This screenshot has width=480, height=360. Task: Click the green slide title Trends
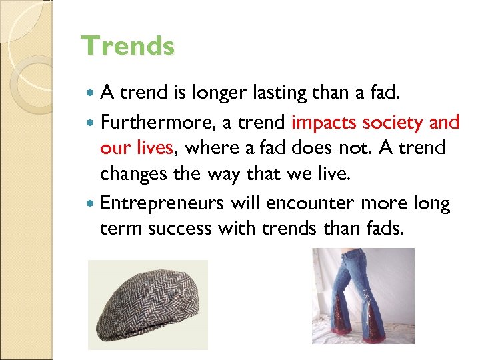127,47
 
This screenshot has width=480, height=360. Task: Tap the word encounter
313,203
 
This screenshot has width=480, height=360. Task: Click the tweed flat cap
148,305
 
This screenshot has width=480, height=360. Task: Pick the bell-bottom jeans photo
363,296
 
